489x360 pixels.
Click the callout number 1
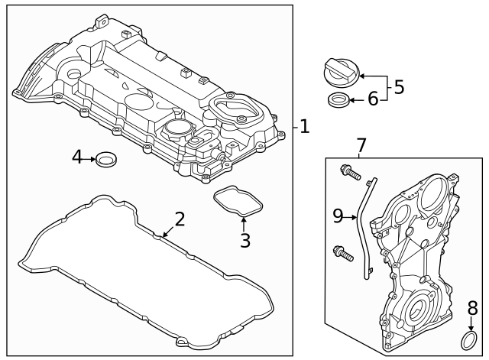coord(305,127)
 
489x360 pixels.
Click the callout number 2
coord(180,219)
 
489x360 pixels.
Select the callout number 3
coord(244,241)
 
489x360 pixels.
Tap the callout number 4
coord(77,158)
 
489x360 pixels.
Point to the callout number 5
coord(398,87)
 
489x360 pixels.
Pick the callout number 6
coord(373,99)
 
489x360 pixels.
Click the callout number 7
coord(361,144)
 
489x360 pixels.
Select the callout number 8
coord(472,309)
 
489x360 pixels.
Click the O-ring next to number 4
coord(107,159)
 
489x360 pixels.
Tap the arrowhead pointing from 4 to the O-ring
coord(93,159)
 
